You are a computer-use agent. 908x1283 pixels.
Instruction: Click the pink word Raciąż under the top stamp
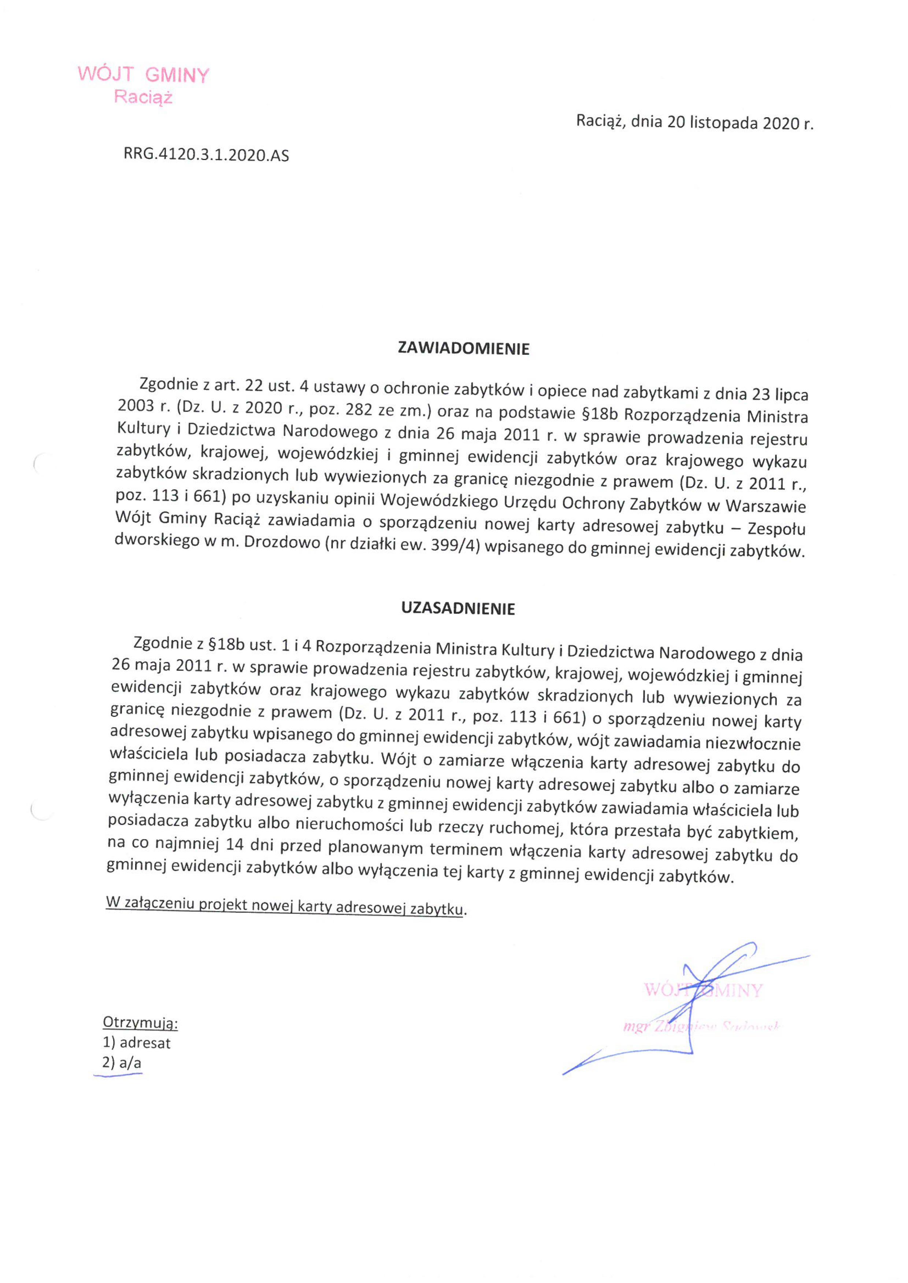(x=143, y=97)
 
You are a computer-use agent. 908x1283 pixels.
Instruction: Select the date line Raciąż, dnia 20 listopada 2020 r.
(x=694, y=122)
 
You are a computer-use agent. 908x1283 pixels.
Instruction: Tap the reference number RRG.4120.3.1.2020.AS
(x=206, y=155)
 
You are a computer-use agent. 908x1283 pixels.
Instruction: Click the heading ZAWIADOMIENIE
(x=463, y=349)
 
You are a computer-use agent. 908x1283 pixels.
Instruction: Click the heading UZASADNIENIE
(x=458, y=609)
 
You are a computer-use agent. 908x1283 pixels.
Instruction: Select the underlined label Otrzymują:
(x=140, y=1023)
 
